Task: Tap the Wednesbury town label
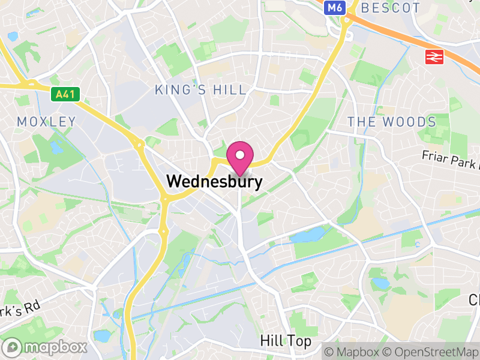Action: point(214,181)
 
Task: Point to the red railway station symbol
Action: point(434,57)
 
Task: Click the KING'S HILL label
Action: point(200,90)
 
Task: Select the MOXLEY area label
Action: point(47,122)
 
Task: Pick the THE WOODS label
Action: point(392,122)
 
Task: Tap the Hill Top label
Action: point(286,341)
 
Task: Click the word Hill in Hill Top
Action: point(269,341)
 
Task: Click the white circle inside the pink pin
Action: point(240,155)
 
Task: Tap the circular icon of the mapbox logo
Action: point(13,347)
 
